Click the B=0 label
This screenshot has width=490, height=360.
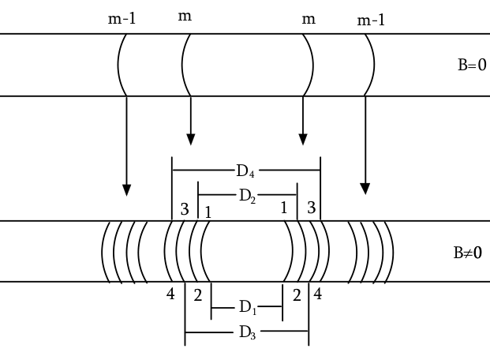[x=472, y=65]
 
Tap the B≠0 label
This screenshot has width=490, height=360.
[x=468, y=253]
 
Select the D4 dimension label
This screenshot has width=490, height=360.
[x=245, y=171]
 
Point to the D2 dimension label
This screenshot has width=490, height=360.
[x=248, y=197]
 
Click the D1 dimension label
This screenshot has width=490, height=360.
[x=248, y=307]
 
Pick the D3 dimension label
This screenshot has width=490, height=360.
[x=248, y=332]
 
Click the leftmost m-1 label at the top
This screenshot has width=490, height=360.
[x=122, y=19]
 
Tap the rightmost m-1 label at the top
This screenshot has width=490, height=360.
[x=371, y=21]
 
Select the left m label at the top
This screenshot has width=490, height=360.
[x=185, y=16]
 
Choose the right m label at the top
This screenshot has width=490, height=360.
[x=309, y=20]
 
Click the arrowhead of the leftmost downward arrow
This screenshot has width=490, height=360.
[x=126, y=190]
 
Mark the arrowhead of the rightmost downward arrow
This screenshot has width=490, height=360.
[x=365, y=189]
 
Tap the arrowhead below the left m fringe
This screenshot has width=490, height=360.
[x=191, y=140]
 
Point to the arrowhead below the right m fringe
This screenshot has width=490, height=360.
[x=303, y=140]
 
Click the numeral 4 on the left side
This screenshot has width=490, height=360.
[x=170, y=294]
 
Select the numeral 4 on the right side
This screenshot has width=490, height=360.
[x=318, y=294]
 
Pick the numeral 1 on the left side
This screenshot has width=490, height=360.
[x=208, y=212]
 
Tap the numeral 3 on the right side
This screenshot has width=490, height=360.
[x=312, y=208]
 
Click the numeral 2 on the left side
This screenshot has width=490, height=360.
[x=198, y=295]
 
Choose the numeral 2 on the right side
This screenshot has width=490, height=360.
[x=297, y=295]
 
